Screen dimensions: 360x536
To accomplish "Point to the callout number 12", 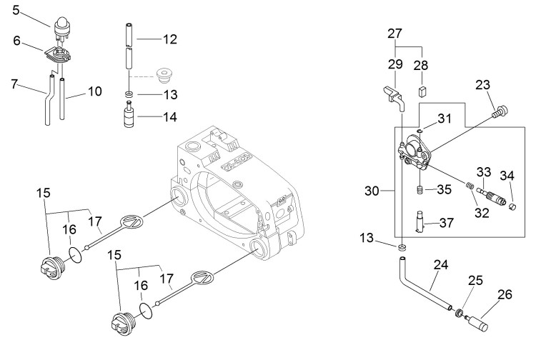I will (x=169, y=40).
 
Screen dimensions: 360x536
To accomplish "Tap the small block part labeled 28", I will (x=422, y=91).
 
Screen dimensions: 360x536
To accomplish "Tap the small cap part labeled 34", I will (x=511, y=204).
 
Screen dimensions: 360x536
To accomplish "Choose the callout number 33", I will (x=483, y=171).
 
